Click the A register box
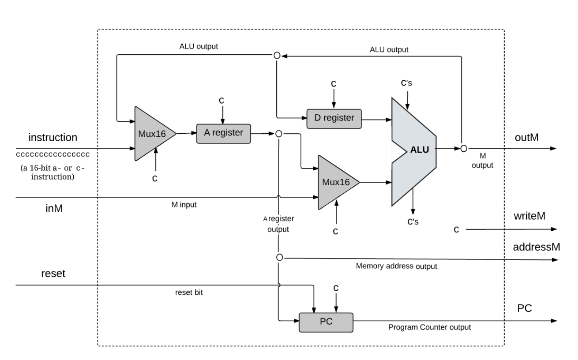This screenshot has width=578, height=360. [223, 132]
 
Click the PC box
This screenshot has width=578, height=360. [326, 322]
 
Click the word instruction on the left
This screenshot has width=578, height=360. [53, 137]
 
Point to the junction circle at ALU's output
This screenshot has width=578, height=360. [463, 149]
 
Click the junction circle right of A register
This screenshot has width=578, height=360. [278, 134]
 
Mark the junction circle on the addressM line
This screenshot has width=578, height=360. [279, 257]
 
